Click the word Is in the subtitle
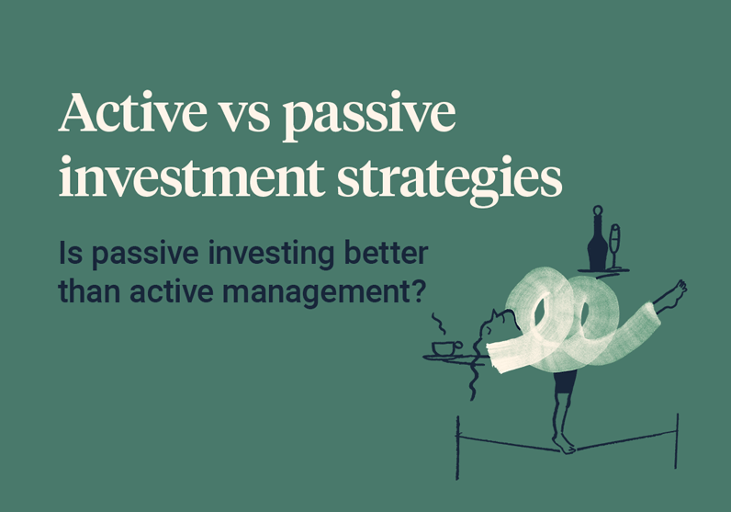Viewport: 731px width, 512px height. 69,253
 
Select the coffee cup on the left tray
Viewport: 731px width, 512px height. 447,347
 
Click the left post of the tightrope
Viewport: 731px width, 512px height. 458,442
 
